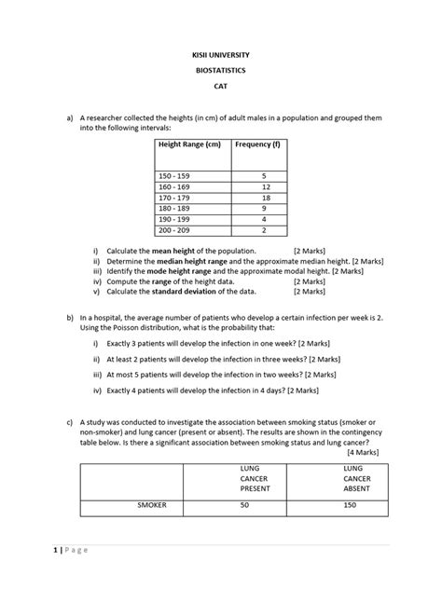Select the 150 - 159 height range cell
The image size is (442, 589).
coord(174,175)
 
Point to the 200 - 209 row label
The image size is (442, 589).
coord(174,230)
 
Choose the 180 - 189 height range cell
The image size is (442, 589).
coord(174,209)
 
